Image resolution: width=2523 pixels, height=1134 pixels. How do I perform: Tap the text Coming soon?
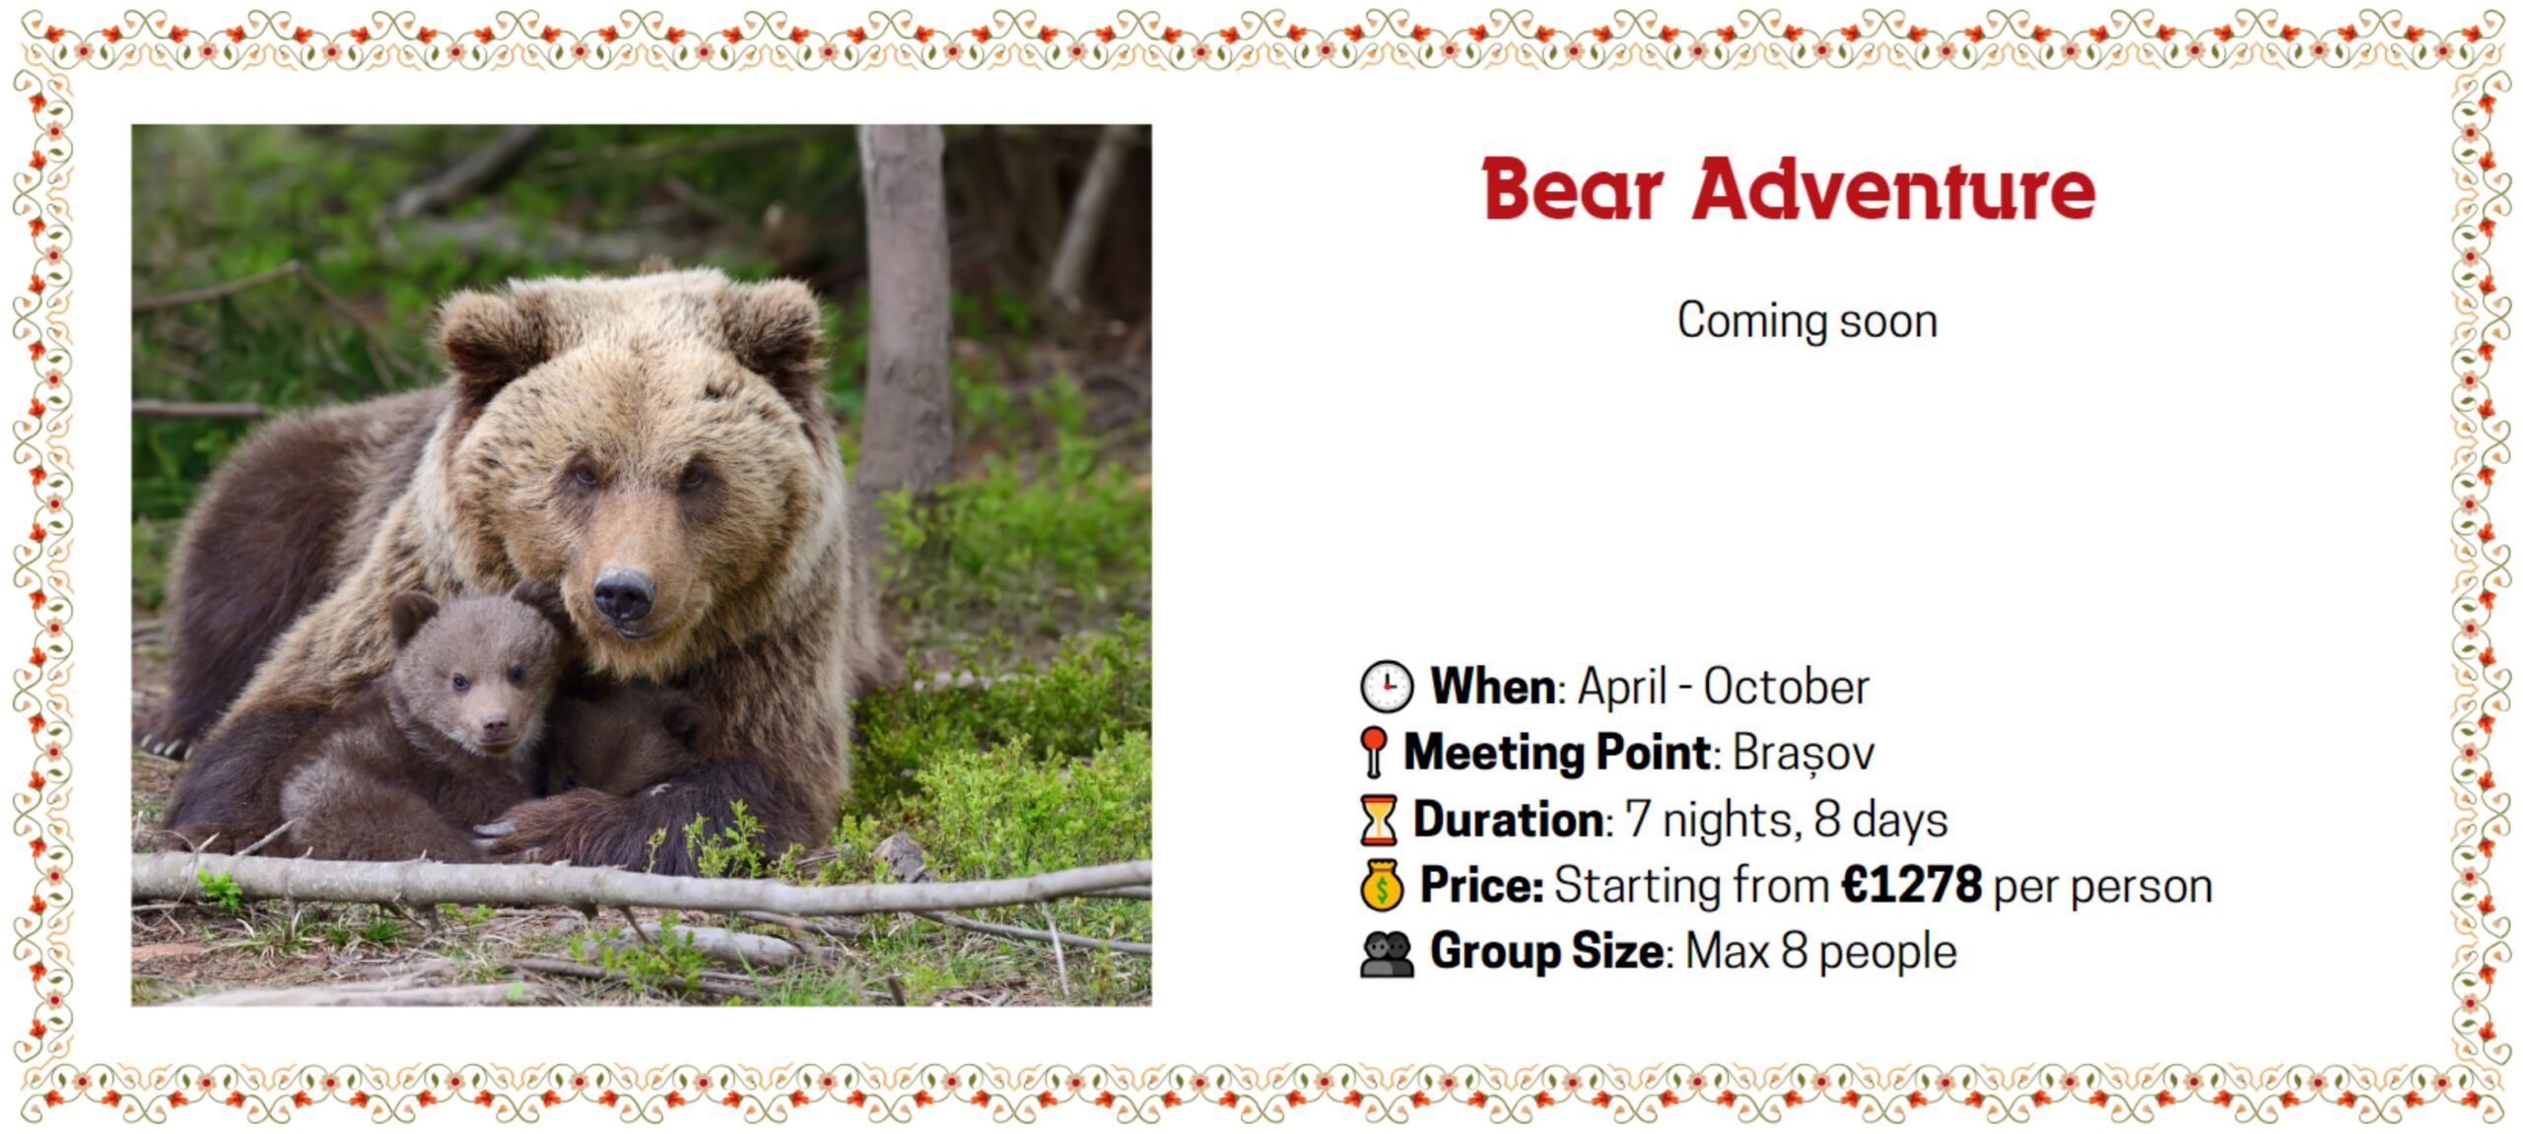click(x=1807, y=320)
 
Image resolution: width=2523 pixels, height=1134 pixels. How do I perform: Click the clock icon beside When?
click(x=1387, y=686)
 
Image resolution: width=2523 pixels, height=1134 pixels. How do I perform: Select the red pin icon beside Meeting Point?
click(x=1373, y=753)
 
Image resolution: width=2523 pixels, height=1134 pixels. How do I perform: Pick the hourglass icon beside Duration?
click(x=1379, y=820)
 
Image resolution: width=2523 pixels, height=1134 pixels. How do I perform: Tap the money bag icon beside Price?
click(x=1382, y=885)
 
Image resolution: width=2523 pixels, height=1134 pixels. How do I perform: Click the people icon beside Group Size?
click(x=1387, y=954)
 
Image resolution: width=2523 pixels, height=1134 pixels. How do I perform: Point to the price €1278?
click(x=1911, y=884)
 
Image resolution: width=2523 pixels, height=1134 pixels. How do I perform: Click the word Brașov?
click(x=1803, y=753)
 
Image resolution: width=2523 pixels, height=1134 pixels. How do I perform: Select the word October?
click(x=1786, y=686)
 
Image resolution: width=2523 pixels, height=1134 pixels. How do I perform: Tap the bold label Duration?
click(x=1508, y=819)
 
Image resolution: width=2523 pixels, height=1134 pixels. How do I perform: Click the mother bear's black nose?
click(x=625, y=594)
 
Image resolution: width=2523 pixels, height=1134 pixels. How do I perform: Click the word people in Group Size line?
click(x=1887, y=953)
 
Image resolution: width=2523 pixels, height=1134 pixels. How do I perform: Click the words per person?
click(x=2103, y=887)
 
